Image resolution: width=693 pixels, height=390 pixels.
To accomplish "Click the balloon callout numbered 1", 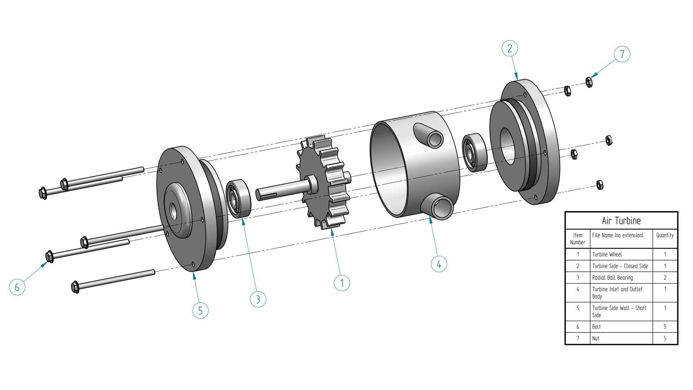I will [342, 283].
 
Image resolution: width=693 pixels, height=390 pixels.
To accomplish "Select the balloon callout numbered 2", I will [510, 48].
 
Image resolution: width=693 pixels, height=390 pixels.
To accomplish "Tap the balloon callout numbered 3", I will [258, 299].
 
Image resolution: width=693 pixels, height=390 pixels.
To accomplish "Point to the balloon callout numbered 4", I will [439, 264].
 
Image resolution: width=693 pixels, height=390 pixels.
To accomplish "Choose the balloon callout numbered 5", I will [200, 311].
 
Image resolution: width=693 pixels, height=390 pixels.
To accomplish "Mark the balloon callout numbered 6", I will [17, 287].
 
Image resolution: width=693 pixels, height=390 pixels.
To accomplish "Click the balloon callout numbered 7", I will [622, 54].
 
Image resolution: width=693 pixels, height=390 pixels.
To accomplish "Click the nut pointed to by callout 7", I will [589, 83].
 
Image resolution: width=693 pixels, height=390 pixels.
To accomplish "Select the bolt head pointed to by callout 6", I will [50, 256].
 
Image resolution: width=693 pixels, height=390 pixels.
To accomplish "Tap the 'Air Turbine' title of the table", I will [621, 221].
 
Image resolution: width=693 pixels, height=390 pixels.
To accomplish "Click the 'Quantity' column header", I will [665, 235].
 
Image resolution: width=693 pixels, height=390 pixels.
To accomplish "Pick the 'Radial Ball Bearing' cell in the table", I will [613, 278].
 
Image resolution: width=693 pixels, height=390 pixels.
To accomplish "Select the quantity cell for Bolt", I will [665, 327].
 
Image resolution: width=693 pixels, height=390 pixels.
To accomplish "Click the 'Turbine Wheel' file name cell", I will [607, 255].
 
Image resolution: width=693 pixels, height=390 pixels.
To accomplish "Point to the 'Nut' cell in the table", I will [596, 338].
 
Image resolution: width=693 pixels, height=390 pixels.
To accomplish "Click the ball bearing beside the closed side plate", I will [474, 152].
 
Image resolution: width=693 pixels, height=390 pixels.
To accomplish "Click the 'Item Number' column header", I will [577, 239].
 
